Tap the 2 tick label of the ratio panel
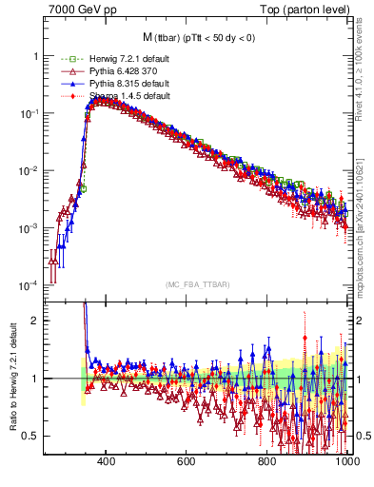click(x=35, y=321)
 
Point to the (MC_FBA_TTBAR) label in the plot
click(x=196, y=284)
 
